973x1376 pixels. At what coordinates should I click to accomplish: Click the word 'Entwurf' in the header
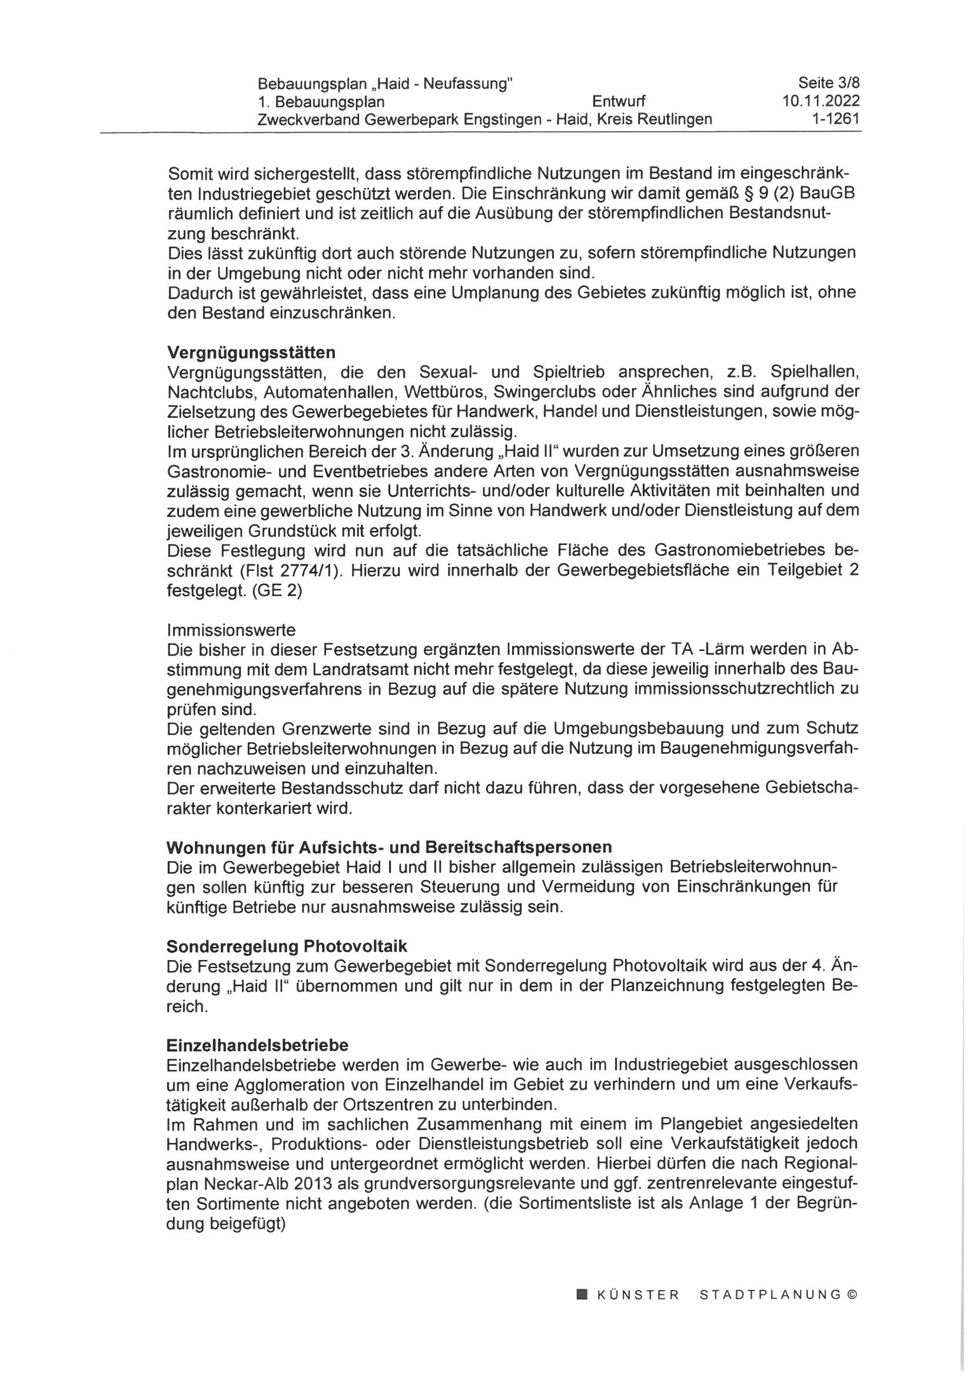coord(619,101)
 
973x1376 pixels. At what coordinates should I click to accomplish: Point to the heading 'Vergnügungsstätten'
coord(251,351)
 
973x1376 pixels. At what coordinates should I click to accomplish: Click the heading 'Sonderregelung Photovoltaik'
coord(287,946)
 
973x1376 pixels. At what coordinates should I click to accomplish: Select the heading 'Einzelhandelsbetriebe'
coord(258,1045)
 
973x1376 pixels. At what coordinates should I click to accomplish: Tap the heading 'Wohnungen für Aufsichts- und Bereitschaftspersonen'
coord(390,847)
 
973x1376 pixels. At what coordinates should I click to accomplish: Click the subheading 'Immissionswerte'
coord(231,630)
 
